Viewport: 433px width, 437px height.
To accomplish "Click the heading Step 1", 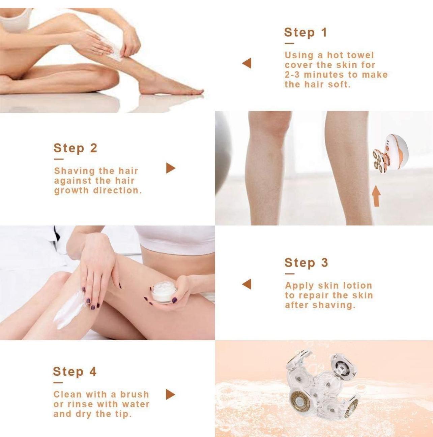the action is (x=306, y=32).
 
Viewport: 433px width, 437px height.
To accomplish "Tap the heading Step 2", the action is (x=76, y=148).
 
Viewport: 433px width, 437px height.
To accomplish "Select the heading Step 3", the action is (x=306, y=263).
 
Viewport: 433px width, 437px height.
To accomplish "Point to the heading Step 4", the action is (x=75, y=372).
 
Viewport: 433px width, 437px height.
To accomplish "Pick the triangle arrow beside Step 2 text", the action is (x=171, y=168).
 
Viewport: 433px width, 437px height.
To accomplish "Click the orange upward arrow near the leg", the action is (x=376, y=196).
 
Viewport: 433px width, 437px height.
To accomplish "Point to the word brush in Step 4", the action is (x=135, y=394).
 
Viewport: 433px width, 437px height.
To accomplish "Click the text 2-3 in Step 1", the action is (x=292, y=74).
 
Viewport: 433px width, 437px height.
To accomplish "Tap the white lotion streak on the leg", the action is (x=67, y=309).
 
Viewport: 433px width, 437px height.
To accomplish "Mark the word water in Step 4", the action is (x=135, y=404).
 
